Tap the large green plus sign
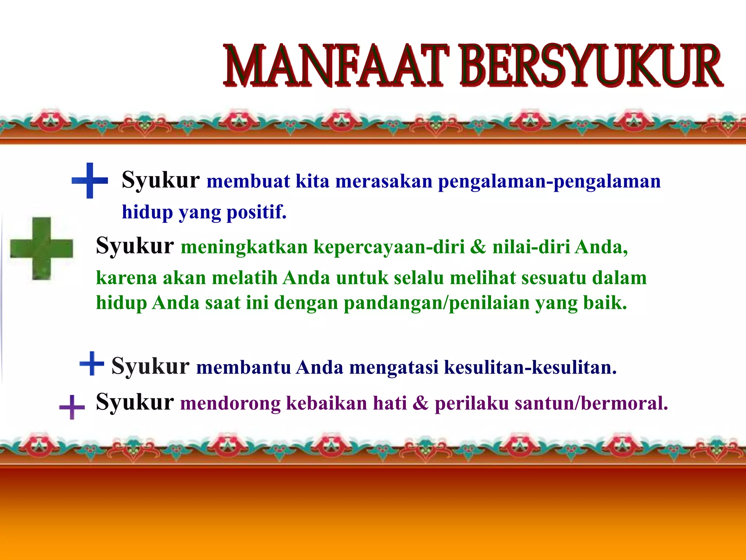[x=41, y=248]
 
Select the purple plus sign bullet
[x=72, y=407]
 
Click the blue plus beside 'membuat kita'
[x=90, y=180]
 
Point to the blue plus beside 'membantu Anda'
[x=91, y=363]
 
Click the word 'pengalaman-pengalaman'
[x=549, y=182]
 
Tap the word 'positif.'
[x=256, y=212]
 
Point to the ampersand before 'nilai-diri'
[x=478, y=247]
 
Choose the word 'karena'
[x=126, y=278]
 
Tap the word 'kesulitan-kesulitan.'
[x=530, y=367]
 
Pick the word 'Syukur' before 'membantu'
[x=150, y=366]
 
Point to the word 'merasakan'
[x=384, y=181]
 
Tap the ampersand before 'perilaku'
[x=421, y=403]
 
